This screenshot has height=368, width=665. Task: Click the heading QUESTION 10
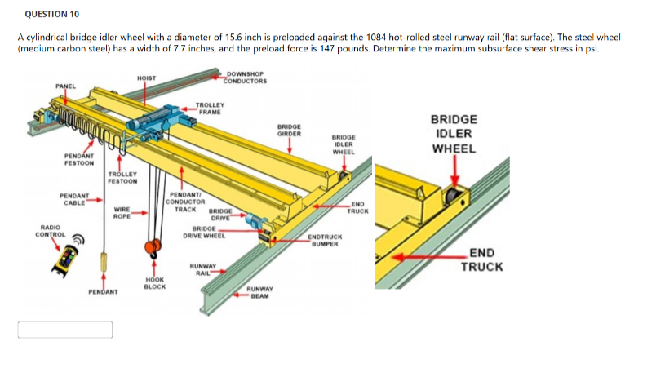pos(52,14)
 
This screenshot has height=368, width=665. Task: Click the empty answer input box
pos(66,329)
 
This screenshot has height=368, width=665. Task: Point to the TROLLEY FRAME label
pos(211,108)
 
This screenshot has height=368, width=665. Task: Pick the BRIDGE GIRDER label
pos(290,130)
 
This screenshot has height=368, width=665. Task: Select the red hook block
pos(150,248)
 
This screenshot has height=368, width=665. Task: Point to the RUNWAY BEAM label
pos(260,292)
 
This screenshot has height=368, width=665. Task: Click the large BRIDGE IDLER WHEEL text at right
pos(454,134)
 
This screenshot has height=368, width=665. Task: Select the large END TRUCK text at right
pos(482,260)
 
